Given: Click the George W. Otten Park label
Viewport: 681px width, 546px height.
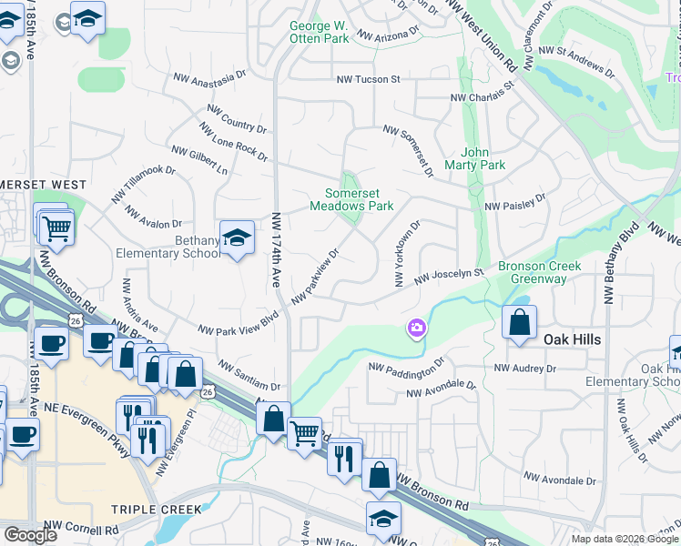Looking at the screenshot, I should [x=319, y=33].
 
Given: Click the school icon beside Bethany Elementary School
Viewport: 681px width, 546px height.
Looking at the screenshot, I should [x=237, y=238].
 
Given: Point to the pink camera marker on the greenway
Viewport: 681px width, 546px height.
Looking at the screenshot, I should [x=417, y=328].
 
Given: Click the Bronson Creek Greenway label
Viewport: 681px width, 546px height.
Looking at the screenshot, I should [x=533, y=272].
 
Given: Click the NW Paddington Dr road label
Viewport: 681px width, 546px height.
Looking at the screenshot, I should [x=406, y=365].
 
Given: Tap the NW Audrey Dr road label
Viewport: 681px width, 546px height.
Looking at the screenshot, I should [x=524, y=369].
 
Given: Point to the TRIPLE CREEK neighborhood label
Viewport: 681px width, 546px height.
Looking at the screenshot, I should [x=148, y=510].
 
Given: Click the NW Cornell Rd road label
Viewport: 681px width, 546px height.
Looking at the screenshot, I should [x=86, y=530].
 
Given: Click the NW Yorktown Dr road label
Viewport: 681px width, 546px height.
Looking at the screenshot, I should [x=407, y=254].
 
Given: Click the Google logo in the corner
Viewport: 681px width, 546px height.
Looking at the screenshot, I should [x=31, y=534].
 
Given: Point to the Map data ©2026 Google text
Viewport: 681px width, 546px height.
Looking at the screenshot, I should [x=625, y=539].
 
